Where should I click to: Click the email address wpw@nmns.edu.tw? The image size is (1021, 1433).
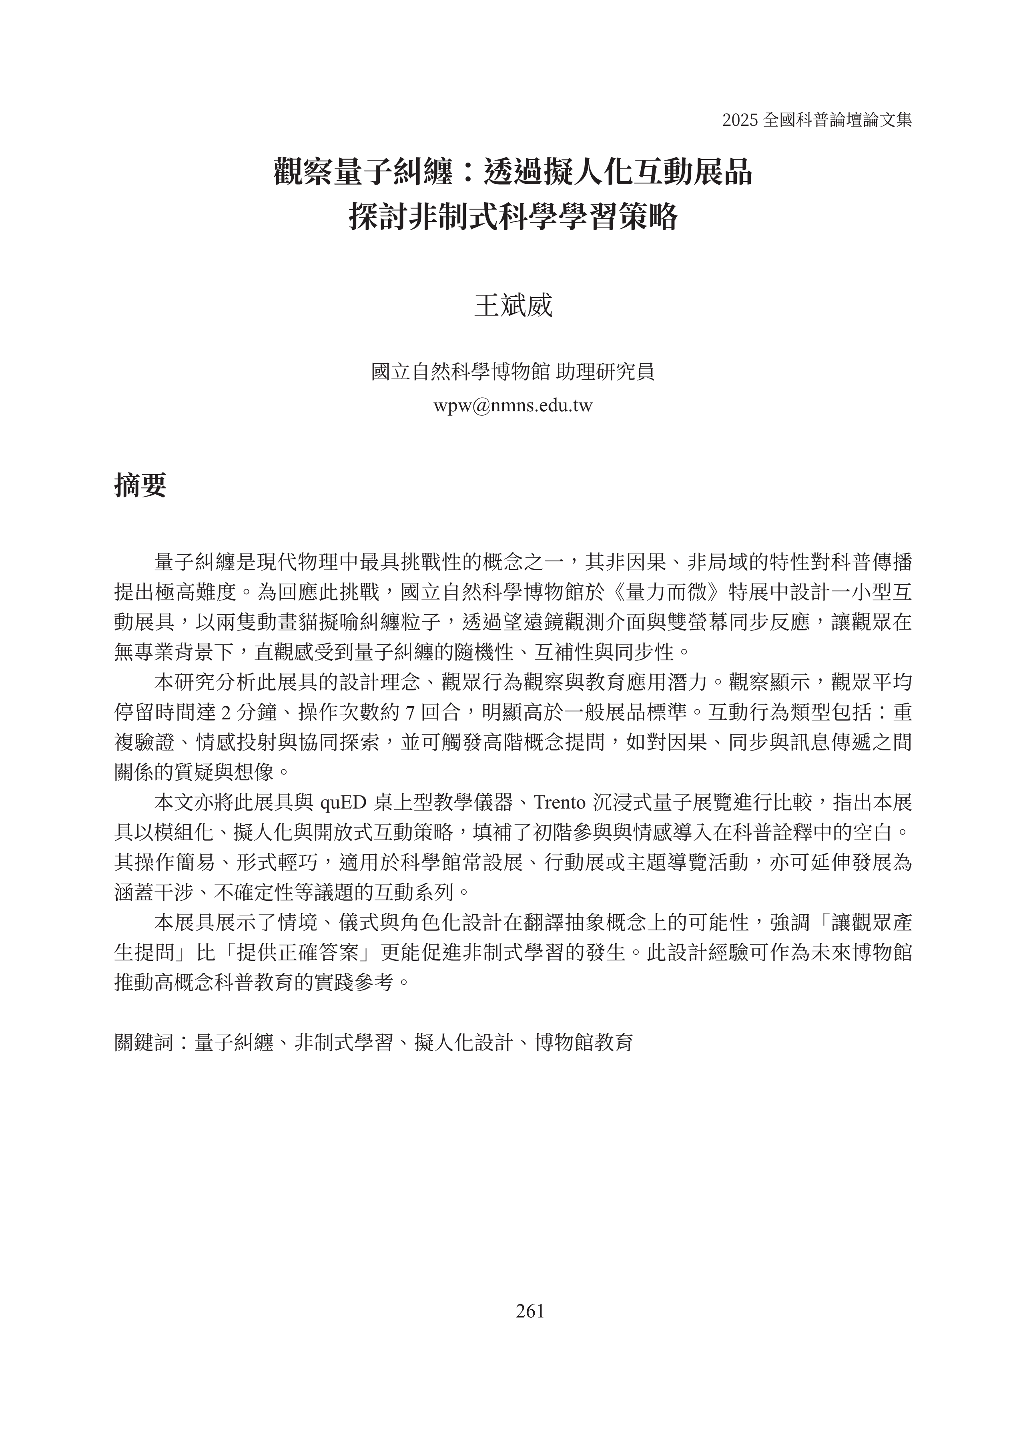(512, 406)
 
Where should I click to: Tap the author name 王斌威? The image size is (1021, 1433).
(512, 306)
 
